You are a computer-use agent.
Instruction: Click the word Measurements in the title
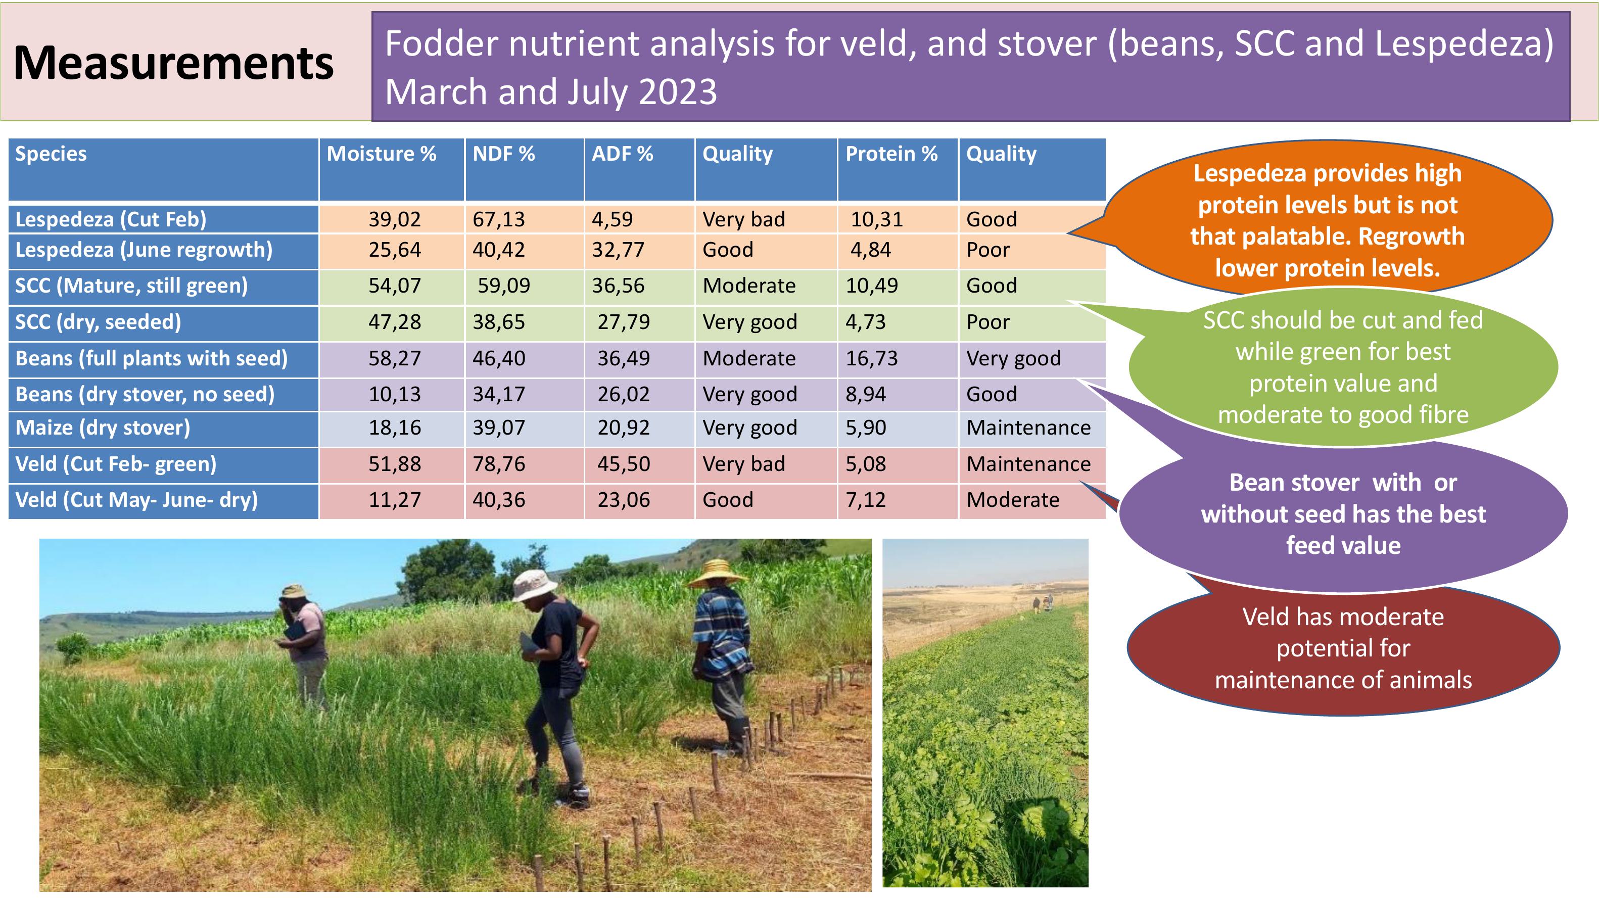(x=173, y=63)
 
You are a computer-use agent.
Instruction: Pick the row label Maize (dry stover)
(x=103, y=428)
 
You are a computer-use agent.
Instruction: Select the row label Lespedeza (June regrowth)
(x=144, y=250)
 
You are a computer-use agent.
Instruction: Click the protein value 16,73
(x=871, y=358)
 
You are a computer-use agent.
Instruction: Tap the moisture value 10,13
(x=395, y=394)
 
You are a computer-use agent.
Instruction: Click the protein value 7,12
(x=866, y=500)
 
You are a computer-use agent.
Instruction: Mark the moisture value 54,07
(x=395, y=286)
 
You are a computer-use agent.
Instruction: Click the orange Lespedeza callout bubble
(x=1328, y=220)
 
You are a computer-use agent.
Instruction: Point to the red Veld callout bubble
(x=1343, y=648)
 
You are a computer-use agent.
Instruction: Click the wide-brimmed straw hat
(x=718, y=573)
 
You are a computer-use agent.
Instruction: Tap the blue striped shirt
(x=721, y=631)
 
